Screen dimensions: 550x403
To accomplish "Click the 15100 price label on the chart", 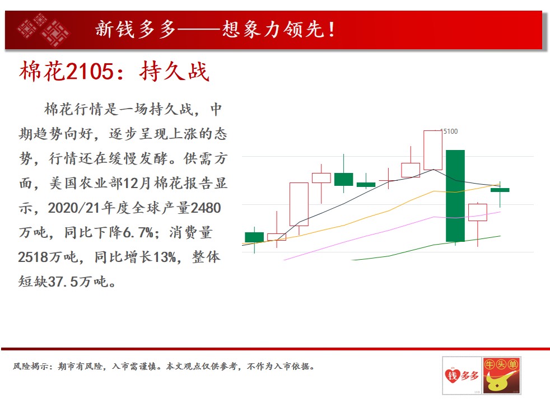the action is (449, 132).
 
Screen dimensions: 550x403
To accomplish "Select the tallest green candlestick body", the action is (455, 196).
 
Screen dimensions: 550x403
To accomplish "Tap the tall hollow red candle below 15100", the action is (433, 150).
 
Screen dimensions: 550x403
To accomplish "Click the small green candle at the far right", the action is (500, 190).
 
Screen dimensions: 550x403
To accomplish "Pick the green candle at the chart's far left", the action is (254, 237).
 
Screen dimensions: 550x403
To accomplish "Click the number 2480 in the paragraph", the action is (206, 208).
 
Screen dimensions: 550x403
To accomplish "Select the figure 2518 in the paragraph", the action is (33, 257).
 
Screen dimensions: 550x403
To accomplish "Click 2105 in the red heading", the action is (90, 72).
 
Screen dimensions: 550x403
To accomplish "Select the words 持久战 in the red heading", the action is (174, 72).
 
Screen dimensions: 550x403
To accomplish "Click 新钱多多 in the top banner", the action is (136, 29).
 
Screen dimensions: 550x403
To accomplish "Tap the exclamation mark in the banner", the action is (332, 29).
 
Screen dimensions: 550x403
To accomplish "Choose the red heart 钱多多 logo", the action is (462, 376).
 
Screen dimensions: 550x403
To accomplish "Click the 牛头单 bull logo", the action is (501, 376).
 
